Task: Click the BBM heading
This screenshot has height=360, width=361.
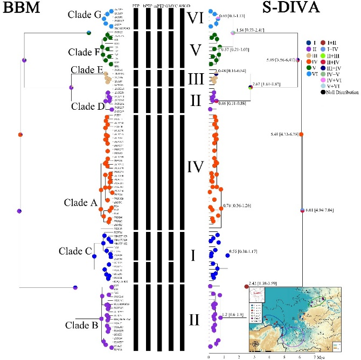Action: (20, 9)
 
